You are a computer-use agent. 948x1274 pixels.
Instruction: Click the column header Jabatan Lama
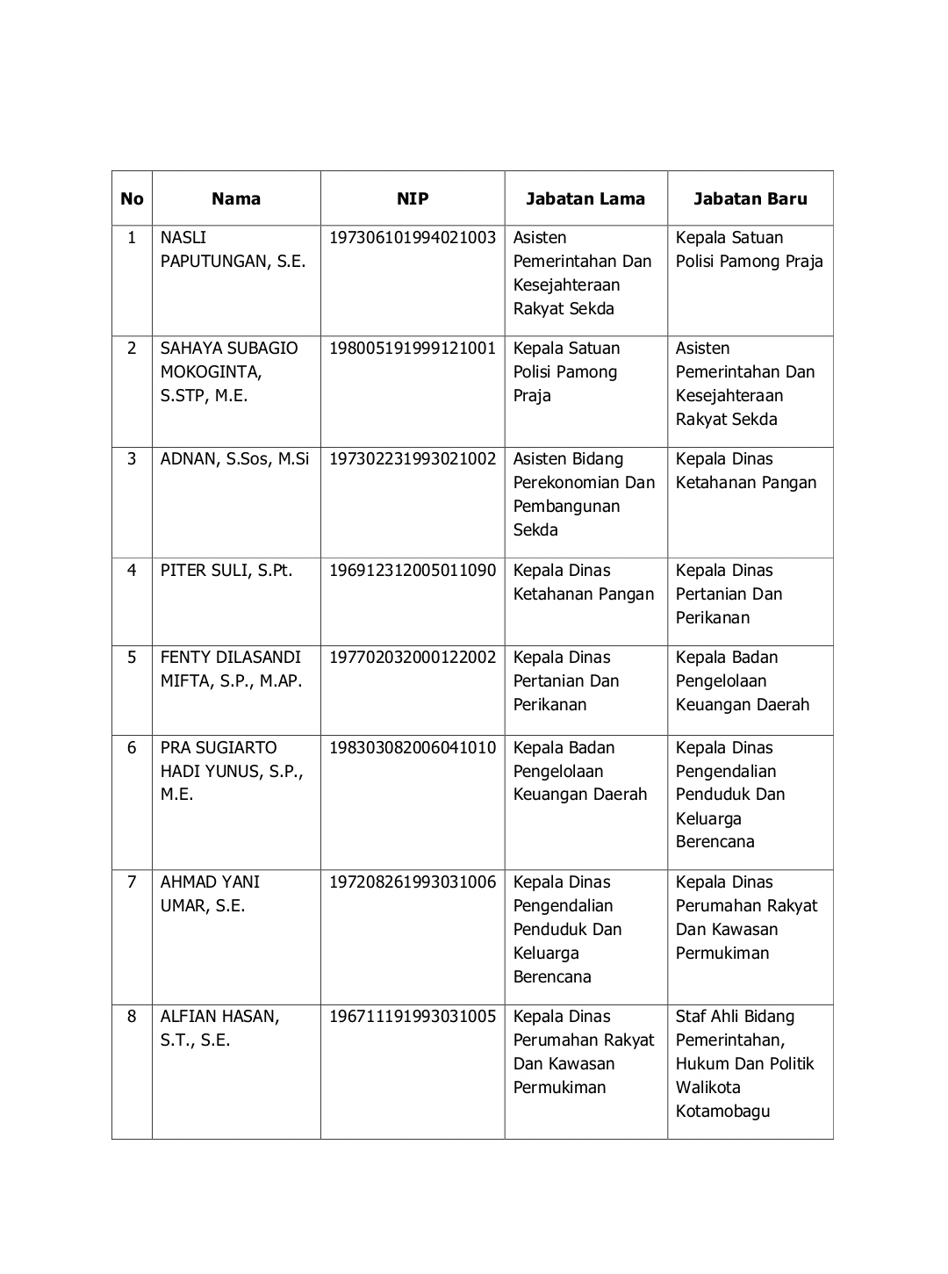coord(585,198)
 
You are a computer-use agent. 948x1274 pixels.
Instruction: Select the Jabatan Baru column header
coord(750,198)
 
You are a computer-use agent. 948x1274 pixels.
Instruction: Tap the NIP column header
coord(413,198)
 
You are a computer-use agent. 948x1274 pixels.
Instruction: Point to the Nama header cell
coord(236,198)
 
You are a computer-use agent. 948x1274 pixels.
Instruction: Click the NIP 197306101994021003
coord(413,238)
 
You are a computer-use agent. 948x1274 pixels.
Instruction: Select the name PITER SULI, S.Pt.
coord(226,571)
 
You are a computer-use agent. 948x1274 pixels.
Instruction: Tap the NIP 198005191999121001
coord(413,349)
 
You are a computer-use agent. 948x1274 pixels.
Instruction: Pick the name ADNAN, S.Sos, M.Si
coord(235,459)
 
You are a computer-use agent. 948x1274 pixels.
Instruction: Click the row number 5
coord(132,658)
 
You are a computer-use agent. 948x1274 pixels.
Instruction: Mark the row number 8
coord(132,1017)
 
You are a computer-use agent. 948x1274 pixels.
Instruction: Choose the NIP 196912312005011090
coord(413,571)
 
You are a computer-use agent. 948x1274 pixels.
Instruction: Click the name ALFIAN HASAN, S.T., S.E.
coord(219,1028)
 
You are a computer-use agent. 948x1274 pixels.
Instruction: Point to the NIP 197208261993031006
coord(413,882)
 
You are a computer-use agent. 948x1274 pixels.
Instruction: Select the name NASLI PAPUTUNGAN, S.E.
coord(233,249)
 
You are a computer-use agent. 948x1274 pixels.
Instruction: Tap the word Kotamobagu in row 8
coord(722,1112)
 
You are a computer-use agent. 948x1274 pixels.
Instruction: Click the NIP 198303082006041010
coord(413,748)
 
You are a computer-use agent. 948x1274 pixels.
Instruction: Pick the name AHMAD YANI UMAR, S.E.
coord(210,894)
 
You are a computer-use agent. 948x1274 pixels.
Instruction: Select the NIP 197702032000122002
coord(413,658)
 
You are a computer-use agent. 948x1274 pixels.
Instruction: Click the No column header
coord(132,198)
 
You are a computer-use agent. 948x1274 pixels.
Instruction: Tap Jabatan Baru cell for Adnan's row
coord(746,471)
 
